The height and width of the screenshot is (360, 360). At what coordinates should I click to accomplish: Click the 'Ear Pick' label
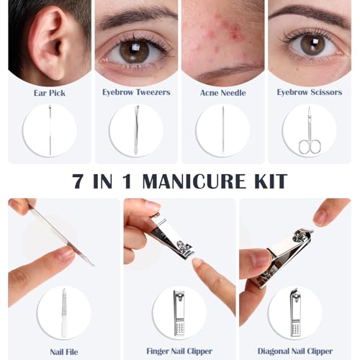click(50, 93)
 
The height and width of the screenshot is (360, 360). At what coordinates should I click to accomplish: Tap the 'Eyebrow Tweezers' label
click(136, 92)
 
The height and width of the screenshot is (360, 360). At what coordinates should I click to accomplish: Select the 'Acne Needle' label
click(223, 93)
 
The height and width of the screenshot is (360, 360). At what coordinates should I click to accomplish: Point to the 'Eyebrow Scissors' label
click(310, 92)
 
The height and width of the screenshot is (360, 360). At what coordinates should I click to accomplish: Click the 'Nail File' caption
click(64, 352)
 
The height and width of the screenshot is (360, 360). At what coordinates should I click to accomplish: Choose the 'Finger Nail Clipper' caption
click(179, 351)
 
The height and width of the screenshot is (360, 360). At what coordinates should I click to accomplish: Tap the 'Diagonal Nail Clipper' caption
click(295, 351)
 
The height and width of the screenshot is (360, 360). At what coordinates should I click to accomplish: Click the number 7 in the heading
click(78, 181)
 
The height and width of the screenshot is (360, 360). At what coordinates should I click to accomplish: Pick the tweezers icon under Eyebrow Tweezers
click(136, 130)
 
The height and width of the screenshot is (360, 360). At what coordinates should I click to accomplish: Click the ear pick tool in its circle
click(50, 130)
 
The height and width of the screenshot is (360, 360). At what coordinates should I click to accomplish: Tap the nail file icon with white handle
click(64, 312)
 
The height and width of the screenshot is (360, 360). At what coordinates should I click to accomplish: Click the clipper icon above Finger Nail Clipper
click(179, 312)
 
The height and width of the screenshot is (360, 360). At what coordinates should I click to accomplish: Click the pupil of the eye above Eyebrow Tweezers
click(135, 52)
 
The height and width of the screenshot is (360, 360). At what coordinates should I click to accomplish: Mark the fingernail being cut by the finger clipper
click(197, 262)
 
